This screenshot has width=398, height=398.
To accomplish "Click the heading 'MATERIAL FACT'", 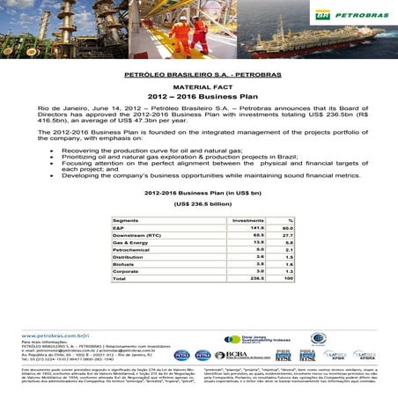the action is point(198,88).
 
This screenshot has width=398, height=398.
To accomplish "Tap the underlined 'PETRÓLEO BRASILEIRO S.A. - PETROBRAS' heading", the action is point(198,75).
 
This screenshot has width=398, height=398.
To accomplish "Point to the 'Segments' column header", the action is point(127,220).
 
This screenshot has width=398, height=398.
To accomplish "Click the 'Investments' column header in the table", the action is point(247,220).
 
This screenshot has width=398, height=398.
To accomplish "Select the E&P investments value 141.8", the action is point(258,228).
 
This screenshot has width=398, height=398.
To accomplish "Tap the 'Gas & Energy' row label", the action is point(130,244).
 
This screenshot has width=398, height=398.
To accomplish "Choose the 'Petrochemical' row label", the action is point(131,252).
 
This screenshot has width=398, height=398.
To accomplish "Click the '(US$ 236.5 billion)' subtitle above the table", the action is point(198,203).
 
